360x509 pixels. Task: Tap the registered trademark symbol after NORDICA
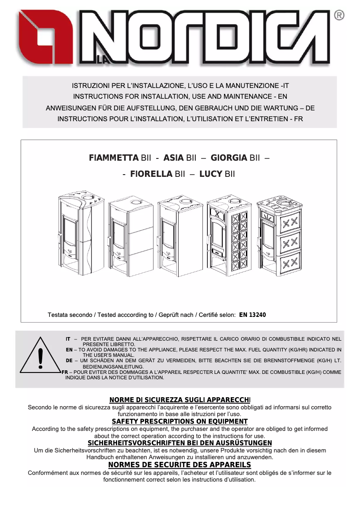340,16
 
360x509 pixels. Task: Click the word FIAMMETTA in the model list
114,158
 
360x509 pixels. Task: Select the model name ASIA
173,158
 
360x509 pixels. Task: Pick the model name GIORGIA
229,158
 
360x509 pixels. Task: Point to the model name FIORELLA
151,174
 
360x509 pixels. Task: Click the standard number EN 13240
252,315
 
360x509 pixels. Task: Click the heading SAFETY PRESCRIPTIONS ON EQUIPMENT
180,421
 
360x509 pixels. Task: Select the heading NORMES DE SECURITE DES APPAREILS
180,465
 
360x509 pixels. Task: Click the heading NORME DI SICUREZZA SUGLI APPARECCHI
180,400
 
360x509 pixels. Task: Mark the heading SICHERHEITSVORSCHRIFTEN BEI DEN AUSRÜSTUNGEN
180,443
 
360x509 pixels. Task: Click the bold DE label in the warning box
69,360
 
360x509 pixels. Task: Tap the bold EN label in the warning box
69,349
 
